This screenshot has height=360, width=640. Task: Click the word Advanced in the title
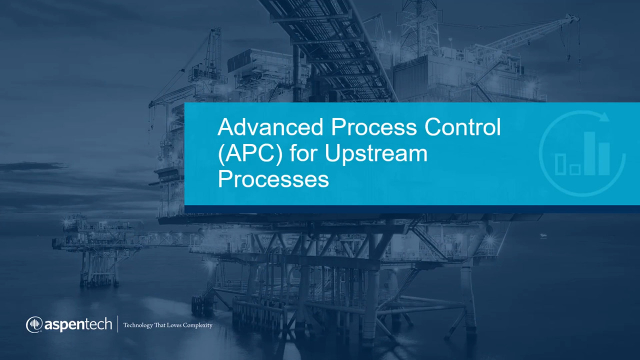point(270,127)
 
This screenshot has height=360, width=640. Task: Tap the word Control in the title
point(462,127)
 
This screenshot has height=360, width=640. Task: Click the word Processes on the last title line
point(273,179)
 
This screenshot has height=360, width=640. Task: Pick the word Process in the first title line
point(373,127)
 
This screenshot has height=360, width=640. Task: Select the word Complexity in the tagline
point(197,325)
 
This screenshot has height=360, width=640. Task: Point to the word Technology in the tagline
point(138,325)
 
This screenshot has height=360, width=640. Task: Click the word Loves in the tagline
point(174,325)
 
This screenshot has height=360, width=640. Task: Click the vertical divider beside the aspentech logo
point(117,324)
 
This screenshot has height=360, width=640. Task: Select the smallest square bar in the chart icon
point(574,170)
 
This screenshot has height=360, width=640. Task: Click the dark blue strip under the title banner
point(412,209)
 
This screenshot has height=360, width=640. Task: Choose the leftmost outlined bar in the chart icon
point(560,164)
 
